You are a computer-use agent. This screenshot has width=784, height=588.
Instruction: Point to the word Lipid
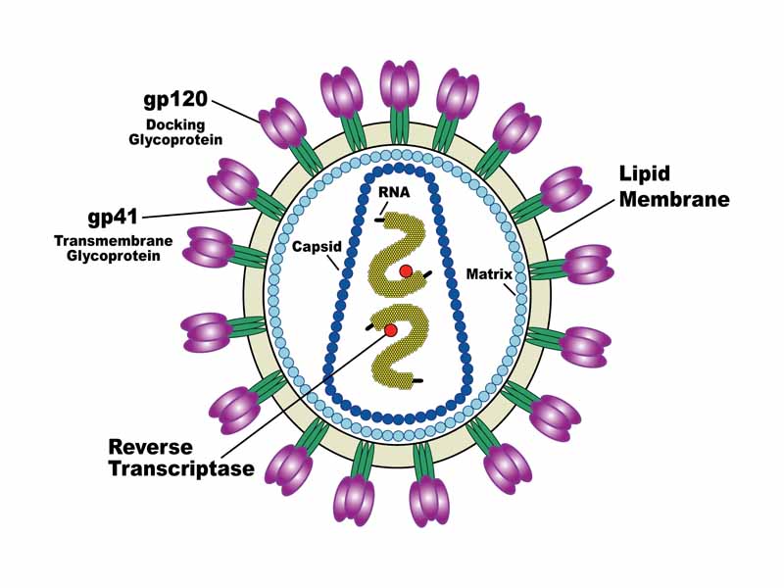point(643,175)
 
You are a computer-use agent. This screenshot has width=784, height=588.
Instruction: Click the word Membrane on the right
point(673,200)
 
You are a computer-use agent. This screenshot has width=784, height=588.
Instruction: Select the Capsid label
point(315,247)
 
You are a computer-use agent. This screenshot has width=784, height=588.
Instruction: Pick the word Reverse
point(150,447)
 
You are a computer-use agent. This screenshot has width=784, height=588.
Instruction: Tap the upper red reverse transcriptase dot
point(406,270)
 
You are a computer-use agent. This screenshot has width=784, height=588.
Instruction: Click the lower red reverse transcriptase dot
point(391,330)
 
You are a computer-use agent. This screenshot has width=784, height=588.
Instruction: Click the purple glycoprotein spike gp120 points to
point(282,123)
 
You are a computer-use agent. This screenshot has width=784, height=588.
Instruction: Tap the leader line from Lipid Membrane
point(578,218)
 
